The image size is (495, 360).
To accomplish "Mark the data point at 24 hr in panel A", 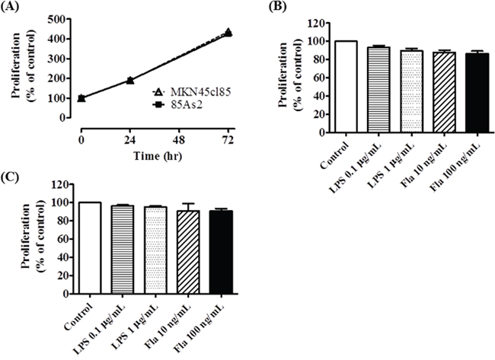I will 131,80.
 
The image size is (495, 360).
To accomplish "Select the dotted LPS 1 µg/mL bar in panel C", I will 156,250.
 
